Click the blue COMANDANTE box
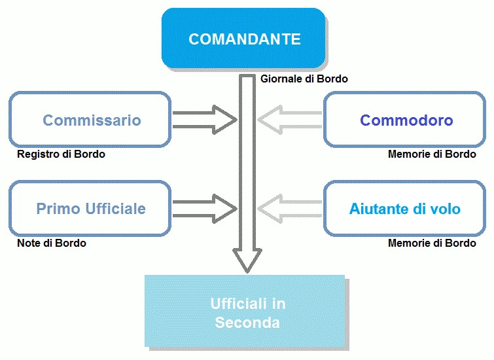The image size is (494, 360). coord(244,39)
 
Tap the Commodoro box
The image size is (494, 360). coord(406,120)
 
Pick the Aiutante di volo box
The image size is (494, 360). coord(406,209)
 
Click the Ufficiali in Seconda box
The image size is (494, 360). coord(245,312)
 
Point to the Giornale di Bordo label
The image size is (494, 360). coord(304,79)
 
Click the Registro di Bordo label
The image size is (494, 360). coord(61,154)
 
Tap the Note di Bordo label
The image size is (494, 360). coord(52,243)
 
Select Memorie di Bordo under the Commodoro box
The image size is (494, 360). coord(432,154)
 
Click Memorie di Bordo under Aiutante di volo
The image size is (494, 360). coord(432,243)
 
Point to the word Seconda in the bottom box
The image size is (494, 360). coord(247,323)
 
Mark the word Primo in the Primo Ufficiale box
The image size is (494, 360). coord(58,209)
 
